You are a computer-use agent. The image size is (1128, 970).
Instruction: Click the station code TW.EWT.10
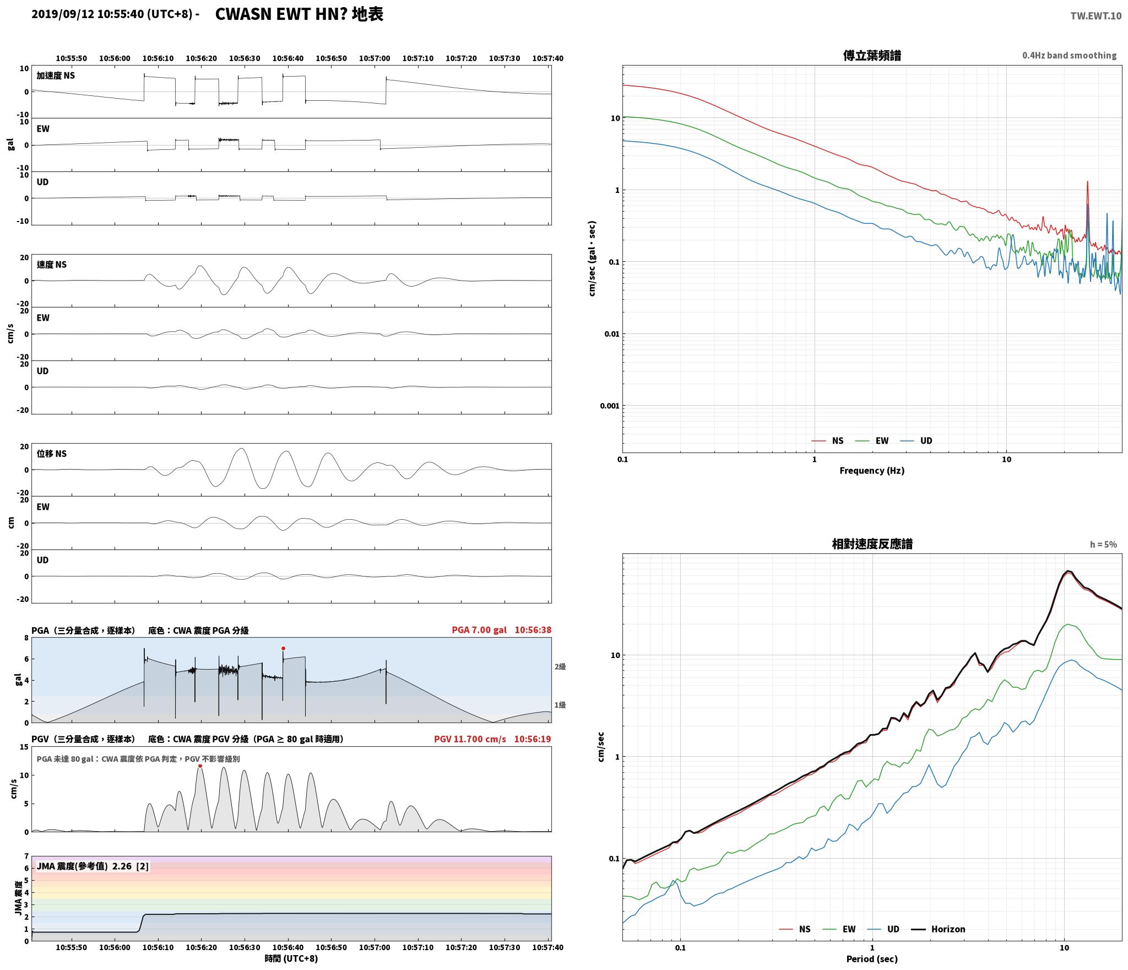pos(1096,16)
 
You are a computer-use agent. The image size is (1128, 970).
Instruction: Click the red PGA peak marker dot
pos(283,648)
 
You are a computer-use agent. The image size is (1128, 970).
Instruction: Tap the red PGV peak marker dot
pos(200,766)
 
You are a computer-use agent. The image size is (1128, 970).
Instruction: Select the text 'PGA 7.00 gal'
pos(479,630)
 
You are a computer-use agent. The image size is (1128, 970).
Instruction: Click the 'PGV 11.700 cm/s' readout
pos(470,739)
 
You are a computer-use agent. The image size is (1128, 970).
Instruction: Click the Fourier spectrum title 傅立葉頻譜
pos(872,56)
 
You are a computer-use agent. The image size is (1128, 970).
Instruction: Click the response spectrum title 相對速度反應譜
pos(872,544)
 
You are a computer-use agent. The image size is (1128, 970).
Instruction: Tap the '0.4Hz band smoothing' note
pos(1069,55)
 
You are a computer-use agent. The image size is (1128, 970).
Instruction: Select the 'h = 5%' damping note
pos(1103,545)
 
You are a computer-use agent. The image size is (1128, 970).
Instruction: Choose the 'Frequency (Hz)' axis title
pos(872,471)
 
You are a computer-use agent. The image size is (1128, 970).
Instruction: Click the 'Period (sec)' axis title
pos(872,959)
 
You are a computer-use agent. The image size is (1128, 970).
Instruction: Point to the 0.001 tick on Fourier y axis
pos(610,406)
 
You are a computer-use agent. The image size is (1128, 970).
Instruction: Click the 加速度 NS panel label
pos(56,76)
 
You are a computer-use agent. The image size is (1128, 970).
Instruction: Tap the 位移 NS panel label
pos(52,454)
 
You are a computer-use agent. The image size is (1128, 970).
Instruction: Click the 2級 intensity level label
pos(560,667)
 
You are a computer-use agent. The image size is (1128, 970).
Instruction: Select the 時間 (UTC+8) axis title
pos(291,958)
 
